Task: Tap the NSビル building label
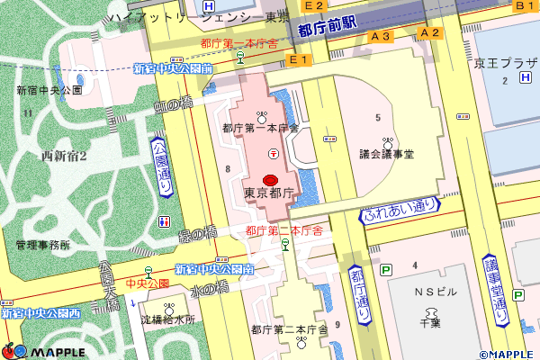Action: pos(436,293)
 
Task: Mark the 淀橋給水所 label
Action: pos(168,319)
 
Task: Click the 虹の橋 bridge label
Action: pos(174,105)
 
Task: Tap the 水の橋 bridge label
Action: pos(211,290)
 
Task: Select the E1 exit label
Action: pos(298,59)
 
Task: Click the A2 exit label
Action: pos(430,33)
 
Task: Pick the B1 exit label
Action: pos(525,6)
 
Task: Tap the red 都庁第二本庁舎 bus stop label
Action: pos(284,231)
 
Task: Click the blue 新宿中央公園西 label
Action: pos(40,313)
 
